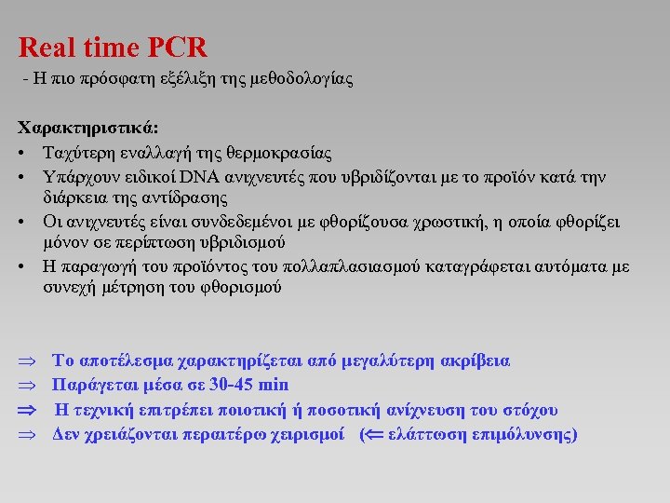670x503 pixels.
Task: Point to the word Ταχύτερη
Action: point(78,153)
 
